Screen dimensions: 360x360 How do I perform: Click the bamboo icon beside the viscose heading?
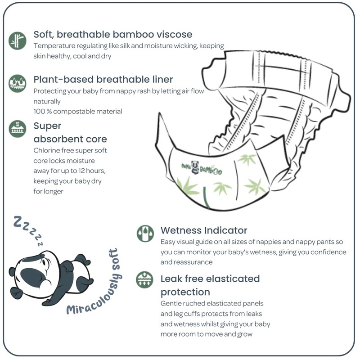click(x=18, y=40)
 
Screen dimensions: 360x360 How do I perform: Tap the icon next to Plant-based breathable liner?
click(x=18, y=84)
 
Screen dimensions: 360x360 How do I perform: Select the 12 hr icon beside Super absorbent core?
click(x=18, y=129)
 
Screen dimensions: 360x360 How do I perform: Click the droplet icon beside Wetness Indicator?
click(x=145, y=234)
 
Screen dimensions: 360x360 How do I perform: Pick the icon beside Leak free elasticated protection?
click(x=145, y=279)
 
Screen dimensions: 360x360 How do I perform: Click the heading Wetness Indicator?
click(x=204, y=231)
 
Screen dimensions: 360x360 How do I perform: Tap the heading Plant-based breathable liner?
click(x=103, y=80)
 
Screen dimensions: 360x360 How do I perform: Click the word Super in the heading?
click(x=47, y=126)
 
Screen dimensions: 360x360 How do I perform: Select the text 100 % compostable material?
click(x=78, y=111)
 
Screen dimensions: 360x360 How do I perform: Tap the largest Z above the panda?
click(x=18, y=221)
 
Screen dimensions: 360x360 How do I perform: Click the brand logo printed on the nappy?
click(x=202, y=167)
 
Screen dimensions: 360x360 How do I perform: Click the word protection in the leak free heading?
click(x=185, y=292)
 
